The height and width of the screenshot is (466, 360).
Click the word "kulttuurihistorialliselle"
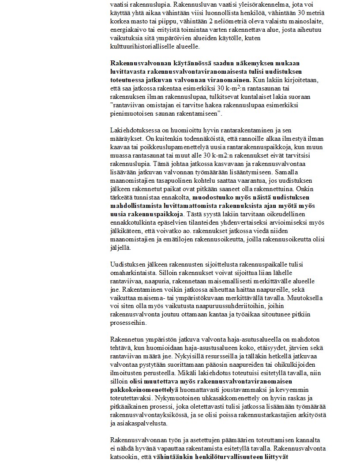coord(141,46)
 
